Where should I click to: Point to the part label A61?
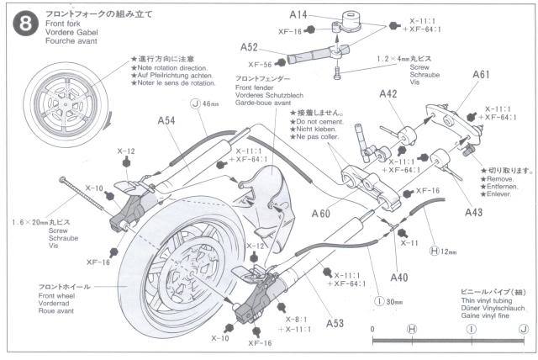pos(481,75)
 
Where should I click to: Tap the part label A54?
pos(166,121)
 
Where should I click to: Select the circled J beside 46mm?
pos(196,104)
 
